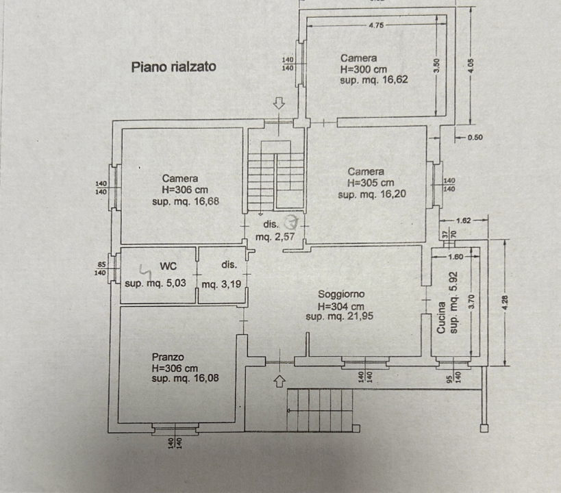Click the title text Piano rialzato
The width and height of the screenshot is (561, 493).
coord(173,67)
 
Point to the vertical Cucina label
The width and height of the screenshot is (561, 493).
coord(442,318)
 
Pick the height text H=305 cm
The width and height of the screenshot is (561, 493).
coord(371,184)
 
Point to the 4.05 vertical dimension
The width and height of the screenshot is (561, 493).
coord(470,66)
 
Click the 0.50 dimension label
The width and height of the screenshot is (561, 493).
coord(474,137)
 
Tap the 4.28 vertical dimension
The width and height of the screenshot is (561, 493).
coord(505,302)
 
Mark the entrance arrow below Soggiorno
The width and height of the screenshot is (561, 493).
coord(279,380)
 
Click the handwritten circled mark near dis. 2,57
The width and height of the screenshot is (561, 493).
coord(292,222)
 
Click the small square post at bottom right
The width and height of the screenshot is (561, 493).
coord(485,429)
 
